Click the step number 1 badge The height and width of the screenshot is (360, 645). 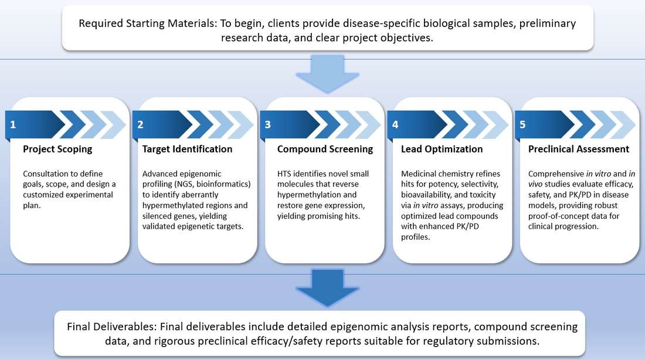[x=13, y=124]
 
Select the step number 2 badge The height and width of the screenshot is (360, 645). [x=140, y=124]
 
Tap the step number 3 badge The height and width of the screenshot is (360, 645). [x=268, y=124]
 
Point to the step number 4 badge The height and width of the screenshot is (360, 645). [x=395, y=124]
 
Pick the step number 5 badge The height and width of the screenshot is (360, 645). [x=522, y=124]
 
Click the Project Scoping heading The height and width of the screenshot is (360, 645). [x=57, y=149]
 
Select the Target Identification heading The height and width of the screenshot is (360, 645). [x=187, y=149]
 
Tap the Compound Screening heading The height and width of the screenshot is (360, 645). [x=325, y=149]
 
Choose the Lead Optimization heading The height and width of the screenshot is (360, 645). [x=442, y=149]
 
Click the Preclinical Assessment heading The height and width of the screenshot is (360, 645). [x=578, y=149]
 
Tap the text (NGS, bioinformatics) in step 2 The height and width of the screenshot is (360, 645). [x=207, y=185]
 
